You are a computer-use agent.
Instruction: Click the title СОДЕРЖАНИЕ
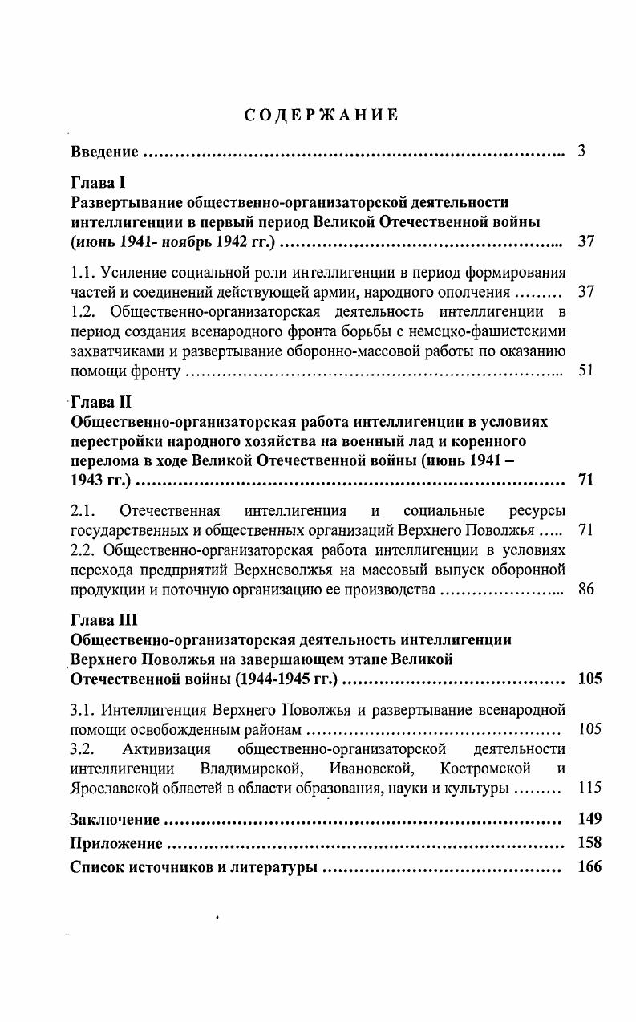(x=321, y=115)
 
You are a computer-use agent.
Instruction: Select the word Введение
(x=105, y=152)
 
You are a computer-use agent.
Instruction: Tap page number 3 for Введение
(x=581, y=151)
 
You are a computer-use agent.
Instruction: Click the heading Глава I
(x=93, y=182)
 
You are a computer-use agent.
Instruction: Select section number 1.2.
(x=84, y=310)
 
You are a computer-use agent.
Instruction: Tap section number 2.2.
(x=84, y=550)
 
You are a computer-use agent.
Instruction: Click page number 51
(x=585, y=371)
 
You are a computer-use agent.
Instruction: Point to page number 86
(x=585, y=590)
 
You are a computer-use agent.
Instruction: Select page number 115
(x=589, y=788)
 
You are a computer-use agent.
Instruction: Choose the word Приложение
(x=116, y=843)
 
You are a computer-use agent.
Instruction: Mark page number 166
(x=589, y=866)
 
